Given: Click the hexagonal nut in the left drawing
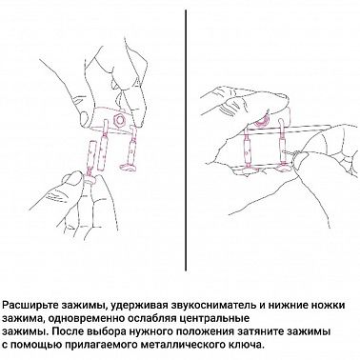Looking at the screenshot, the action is point(120,120).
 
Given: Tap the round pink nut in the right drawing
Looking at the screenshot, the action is point(263,120).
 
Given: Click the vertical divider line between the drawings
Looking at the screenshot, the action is point(186,140).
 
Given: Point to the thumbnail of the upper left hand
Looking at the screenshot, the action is point(85,115).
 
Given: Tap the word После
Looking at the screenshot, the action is point(69,331).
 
